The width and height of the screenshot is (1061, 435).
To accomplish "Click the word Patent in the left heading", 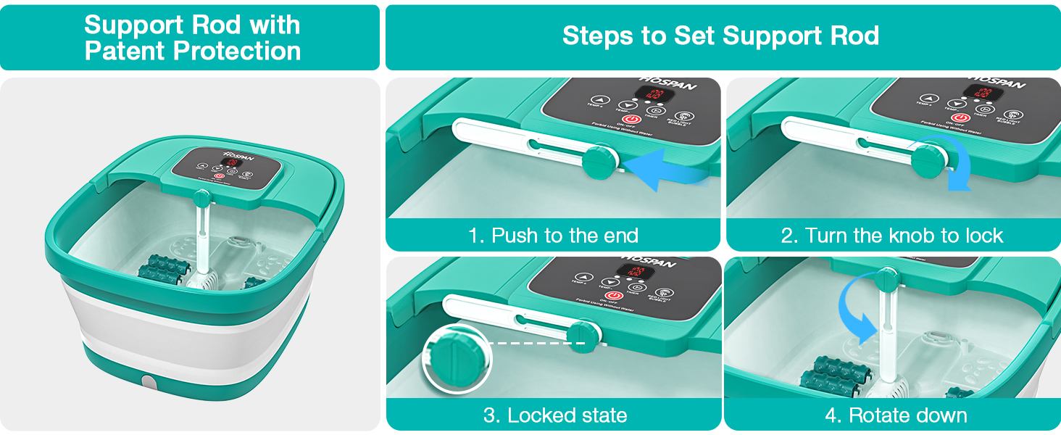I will point(124,51).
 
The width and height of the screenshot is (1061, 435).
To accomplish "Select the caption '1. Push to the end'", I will point(553,236).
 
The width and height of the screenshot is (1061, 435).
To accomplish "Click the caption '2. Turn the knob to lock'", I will point(893,236).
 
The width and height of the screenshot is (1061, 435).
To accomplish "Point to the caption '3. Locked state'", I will point(554,415).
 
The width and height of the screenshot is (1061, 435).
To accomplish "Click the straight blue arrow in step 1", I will point(663,168).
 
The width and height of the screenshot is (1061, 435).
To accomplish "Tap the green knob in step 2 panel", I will point(925,157).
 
